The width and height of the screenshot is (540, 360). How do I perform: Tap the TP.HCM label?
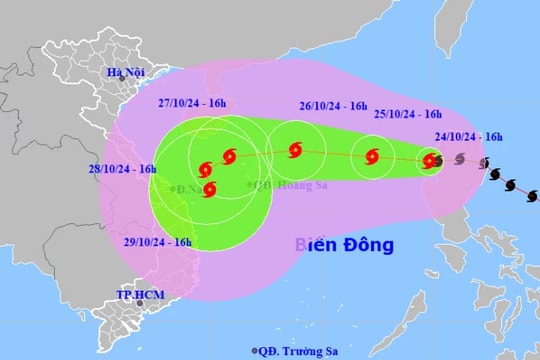(133, 295)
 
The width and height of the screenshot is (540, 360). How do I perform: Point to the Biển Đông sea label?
(344, 245)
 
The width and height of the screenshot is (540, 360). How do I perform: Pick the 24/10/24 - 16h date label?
(468, 138)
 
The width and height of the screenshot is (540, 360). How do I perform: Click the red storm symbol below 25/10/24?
(373, 156)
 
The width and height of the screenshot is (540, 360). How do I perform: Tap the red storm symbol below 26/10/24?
(295, 151)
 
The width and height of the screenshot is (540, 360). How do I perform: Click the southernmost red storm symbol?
(209, 187)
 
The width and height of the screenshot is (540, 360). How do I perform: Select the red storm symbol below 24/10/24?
(430, 160)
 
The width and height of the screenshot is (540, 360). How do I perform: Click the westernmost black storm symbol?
(442, 158)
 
